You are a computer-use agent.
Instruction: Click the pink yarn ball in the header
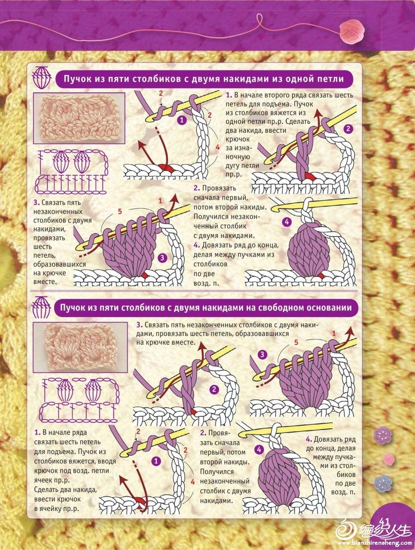(x=352, y=32)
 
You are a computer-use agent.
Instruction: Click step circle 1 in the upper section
(x=182, y=120)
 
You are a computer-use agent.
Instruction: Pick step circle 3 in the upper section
(x=162, y=257)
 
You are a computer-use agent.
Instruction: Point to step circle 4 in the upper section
(x=287, y=222)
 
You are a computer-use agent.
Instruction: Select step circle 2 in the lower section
(x=214, y=390)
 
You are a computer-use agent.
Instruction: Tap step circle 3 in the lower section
(x=262, y=354)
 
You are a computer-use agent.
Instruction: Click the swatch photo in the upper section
(x=79, y=118)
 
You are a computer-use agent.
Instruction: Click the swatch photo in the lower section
(x=80, y=347)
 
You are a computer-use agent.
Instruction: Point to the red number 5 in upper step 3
(x=120, y=211)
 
